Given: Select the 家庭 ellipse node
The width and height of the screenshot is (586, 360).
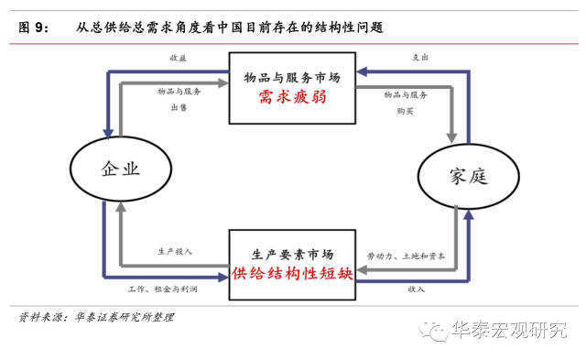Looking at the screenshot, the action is click(x=463, y=175).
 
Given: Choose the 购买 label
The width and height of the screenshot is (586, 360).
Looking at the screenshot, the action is click(x=407, y=110).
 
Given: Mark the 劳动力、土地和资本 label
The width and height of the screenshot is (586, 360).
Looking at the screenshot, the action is click(x=407, y=256).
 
